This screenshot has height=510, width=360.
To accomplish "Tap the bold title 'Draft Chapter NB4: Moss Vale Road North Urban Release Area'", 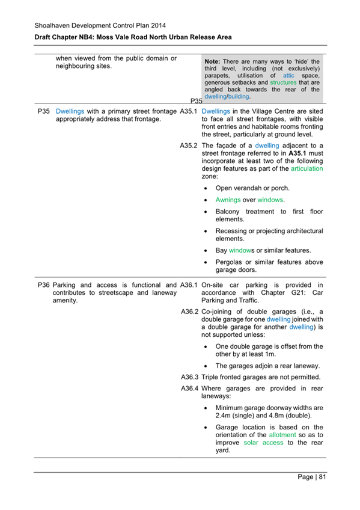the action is [133, 38].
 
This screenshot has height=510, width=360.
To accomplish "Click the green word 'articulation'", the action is [307, 169].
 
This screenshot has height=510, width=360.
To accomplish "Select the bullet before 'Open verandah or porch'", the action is [206, 188].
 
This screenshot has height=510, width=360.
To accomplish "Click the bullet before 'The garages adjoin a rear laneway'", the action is [206, 366].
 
